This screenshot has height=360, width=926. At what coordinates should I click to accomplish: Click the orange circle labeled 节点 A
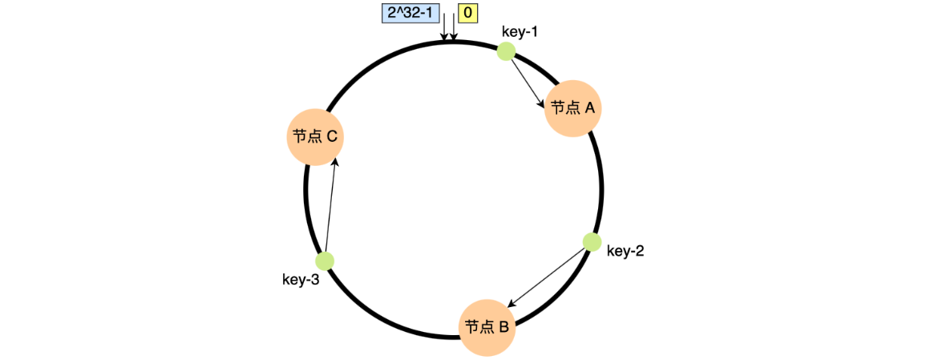pyautogui.click(x=573, y=108)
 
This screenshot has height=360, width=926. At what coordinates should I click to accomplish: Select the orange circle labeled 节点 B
pyautogui.click(x=487, y=327)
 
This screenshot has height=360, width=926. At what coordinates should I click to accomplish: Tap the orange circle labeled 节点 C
pyautogui.click(x=315, y=136)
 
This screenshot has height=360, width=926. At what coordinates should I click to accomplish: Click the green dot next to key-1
pyautogui.click(x=506, y=51)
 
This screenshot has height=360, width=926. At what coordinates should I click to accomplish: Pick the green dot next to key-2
pyautogui.click(x=592, y=241)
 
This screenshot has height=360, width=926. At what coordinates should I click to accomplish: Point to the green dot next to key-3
pyautogui.click(x=325, y=261)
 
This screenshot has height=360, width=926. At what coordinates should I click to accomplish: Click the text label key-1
pyautogui.click(x=520, y=32)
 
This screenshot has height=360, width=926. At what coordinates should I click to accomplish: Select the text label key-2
pyautogui.click(x=625, y=251)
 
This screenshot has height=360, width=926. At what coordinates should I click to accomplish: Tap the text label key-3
pyautogui.click(x=301, y=280)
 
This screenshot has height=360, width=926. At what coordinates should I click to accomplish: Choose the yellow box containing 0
pyautogui.click(x=467, y=13)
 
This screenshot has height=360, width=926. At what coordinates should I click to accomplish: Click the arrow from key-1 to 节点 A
pyautogui.click(x=527, y=80)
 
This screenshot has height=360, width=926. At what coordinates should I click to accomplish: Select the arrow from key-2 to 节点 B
pyautogui.click(x=549, y=277)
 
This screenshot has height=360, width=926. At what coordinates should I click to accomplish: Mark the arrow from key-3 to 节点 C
pyautogui.click(x=330, y=205)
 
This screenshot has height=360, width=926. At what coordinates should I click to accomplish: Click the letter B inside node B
pyautogui.click(x=503, y=327)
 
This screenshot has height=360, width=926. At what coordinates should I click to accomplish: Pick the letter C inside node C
pyautogui.click(x=331, y=136)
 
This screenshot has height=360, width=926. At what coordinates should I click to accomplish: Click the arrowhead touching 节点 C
pyautogui.click(x=335, y=161)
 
